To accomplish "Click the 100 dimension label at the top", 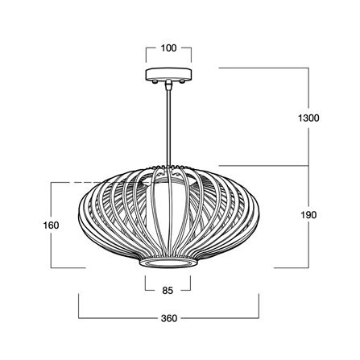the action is tap(168, 48).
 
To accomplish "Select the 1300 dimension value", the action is tap(308, 118).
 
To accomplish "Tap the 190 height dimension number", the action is tap(308, 215).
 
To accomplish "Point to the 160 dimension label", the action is tap(51, 226).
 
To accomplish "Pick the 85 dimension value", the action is tap(168, 290).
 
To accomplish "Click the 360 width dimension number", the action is tap(169, 318).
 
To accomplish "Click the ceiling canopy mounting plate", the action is tap(168, 74).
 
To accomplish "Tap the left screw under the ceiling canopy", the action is tap(155, 81).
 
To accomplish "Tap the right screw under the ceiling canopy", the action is tap(182, 81).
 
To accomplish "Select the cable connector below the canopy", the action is tap(168, 85).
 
